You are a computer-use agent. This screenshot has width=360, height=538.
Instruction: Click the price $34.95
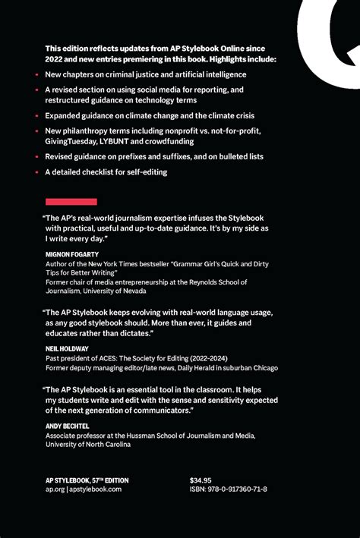(x=201, y=480)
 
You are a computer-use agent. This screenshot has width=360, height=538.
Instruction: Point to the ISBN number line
(x=228, y=490)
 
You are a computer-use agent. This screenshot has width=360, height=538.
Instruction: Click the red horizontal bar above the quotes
(x=71, y=202)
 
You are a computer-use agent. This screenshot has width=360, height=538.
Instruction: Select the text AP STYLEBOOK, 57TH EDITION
(x=87, y=480)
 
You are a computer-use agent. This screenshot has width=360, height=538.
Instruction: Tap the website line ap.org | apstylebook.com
(x=83, y=490)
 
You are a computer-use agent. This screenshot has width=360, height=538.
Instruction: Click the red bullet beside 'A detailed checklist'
(x=36, y=172)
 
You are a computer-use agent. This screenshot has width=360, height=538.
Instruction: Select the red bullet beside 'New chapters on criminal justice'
(x=36, y=74)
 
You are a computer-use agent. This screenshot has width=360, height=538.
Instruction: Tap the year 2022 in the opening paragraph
(x=55, y=58)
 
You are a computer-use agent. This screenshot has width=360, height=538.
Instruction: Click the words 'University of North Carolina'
(x=89, y=445)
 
